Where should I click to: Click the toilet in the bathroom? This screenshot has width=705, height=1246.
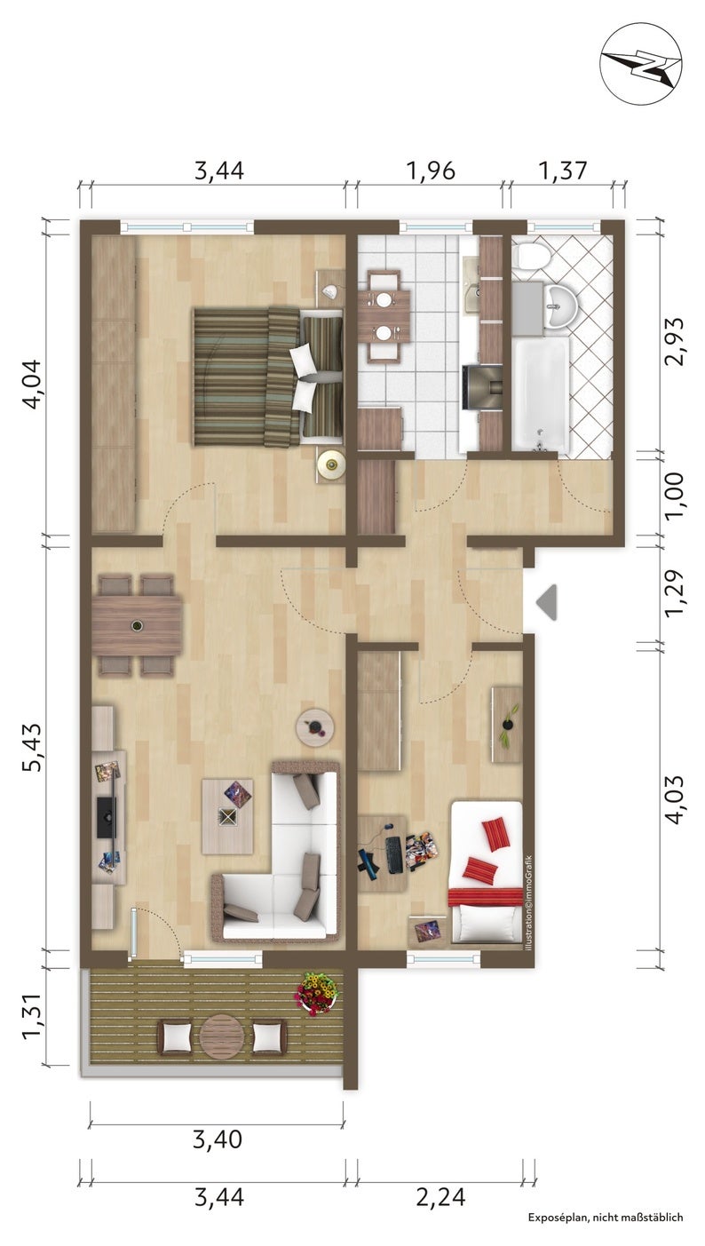click(532, 255)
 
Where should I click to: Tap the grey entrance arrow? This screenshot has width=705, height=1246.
click(546, 602)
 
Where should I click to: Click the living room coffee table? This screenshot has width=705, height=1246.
click(226, 816)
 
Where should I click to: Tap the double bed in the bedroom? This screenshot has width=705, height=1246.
click(268, 377)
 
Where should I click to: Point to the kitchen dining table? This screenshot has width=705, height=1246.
click(384, 316)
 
